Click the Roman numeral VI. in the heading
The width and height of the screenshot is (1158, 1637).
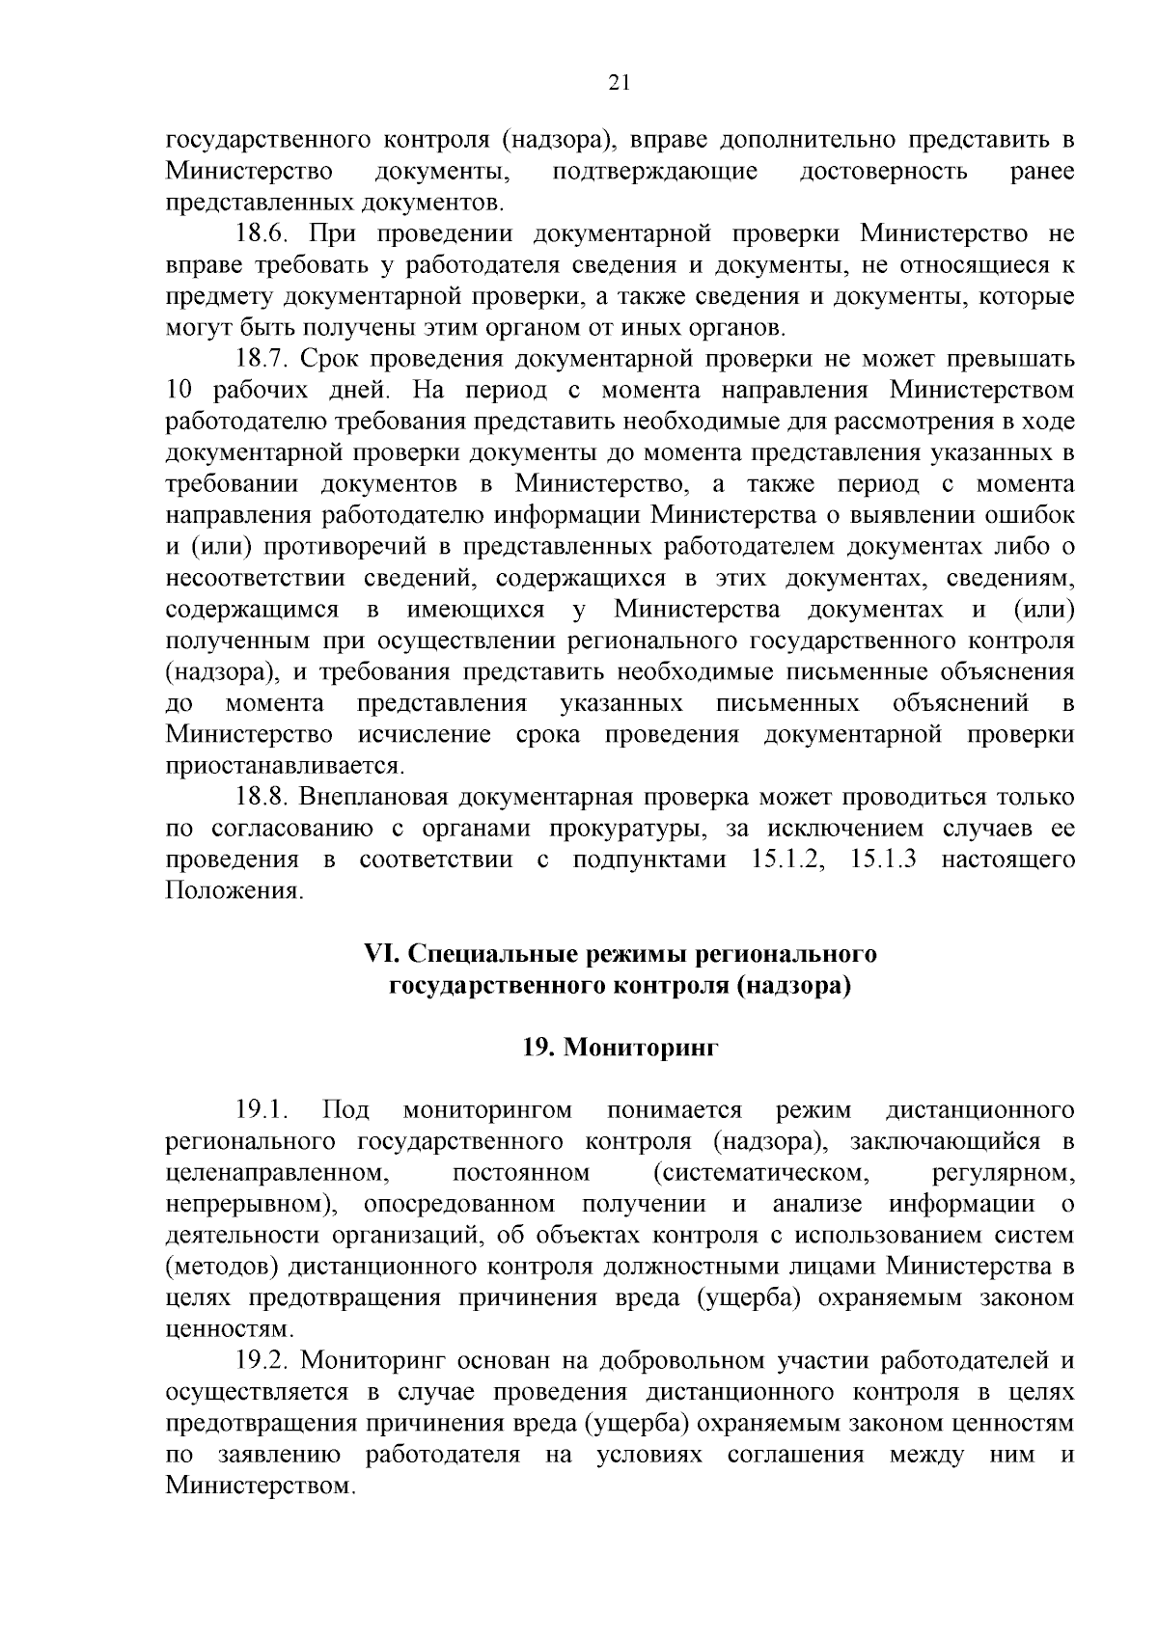coord(381,954)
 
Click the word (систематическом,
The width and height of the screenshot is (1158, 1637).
coord(757,1173)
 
